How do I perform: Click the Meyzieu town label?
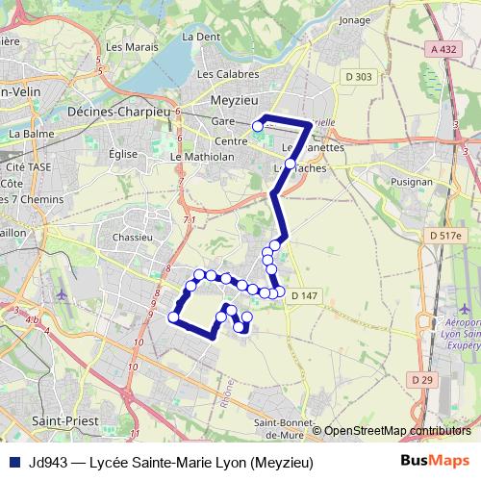click(236, 98)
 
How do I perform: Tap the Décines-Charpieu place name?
click(119, 111)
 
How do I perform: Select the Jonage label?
click(355, 18)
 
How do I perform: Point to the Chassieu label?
click(133, 236)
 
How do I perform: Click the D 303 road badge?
click(358, 77)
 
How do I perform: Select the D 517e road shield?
click(446, 236)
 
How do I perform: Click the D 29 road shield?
click(420, 380)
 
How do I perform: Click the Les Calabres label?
click(227, 74)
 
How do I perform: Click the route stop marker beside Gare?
click(258, 126)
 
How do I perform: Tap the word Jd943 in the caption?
click(47, 461)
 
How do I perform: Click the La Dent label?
click(207, 37)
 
